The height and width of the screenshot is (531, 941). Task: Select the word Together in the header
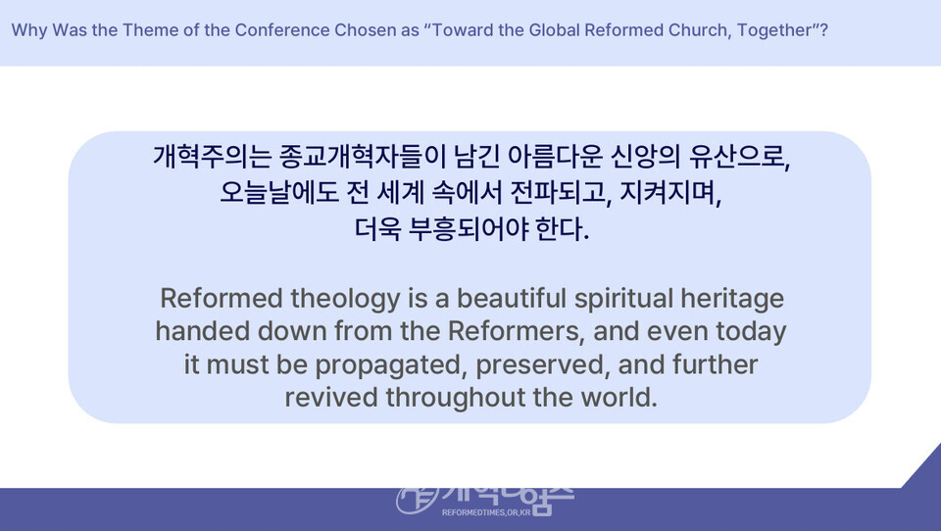pos(774,31)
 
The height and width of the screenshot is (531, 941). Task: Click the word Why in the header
pos(28,31)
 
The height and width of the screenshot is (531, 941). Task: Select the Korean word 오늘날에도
pos(279,193)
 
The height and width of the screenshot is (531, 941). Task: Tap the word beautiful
pos(512,298)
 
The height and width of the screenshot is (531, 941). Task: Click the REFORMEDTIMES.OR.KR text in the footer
pos(486,512)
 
